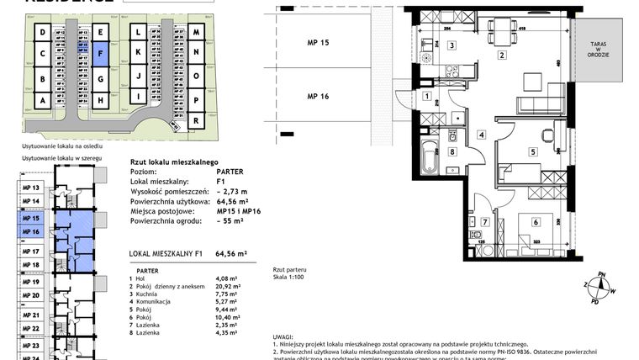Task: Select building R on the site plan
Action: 195,120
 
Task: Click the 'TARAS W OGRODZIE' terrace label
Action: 605,50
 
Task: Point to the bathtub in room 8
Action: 430,155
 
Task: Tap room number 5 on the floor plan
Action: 532,151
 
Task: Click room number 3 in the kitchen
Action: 452,45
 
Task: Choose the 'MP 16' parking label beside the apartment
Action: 318,97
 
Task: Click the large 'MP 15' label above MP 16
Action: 318,42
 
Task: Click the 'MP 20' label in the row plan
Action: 30,296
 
